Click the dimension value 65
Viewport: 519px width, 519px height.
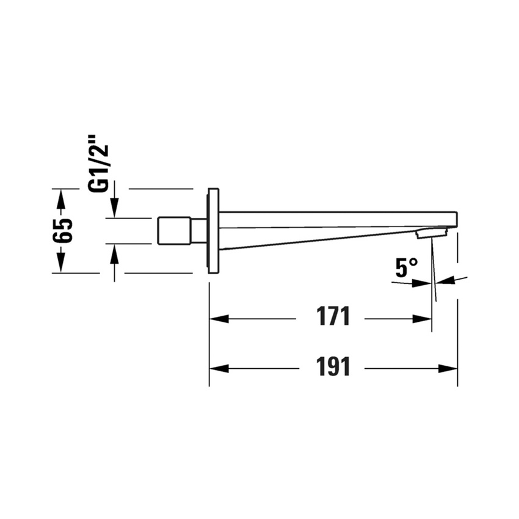(62, 230)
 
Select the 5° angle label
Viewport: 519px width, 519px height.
(406, 267)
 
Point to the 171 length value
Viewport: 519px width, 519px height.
(333, 317)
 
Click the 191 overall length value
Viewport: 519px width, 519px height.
(333, 367)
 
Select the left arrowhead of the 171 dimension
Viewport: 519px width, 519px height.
(219, 319)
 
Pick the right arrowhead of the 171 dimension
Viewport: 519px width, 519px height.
(423, 319)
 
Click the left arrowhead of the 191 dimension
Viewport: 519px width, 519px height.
(219, 369)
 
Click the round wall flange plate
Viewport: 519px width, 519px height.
(213, 230)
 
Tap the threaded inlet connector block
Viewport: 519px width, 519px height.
(174, 230)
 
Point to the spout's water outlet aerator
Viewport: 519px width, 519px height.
(431, 233)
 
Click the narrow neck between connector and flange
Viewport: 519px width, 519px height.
(199, 230)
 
